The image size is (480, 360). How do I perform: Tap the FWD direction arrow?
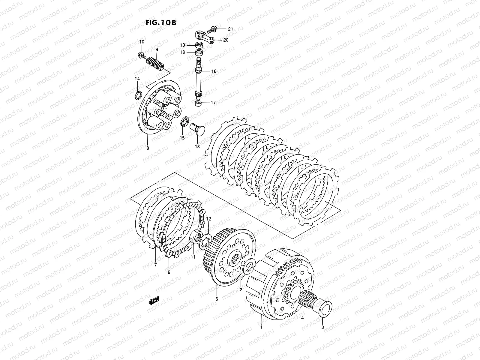pos(153,301)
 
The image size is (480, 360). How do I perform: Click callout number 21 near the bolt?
pos(230,29)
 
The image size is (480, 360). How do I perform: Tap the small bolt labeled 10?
pos(141,55)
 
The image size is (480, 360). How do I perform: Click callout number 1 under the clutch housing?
pos(261,327)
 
